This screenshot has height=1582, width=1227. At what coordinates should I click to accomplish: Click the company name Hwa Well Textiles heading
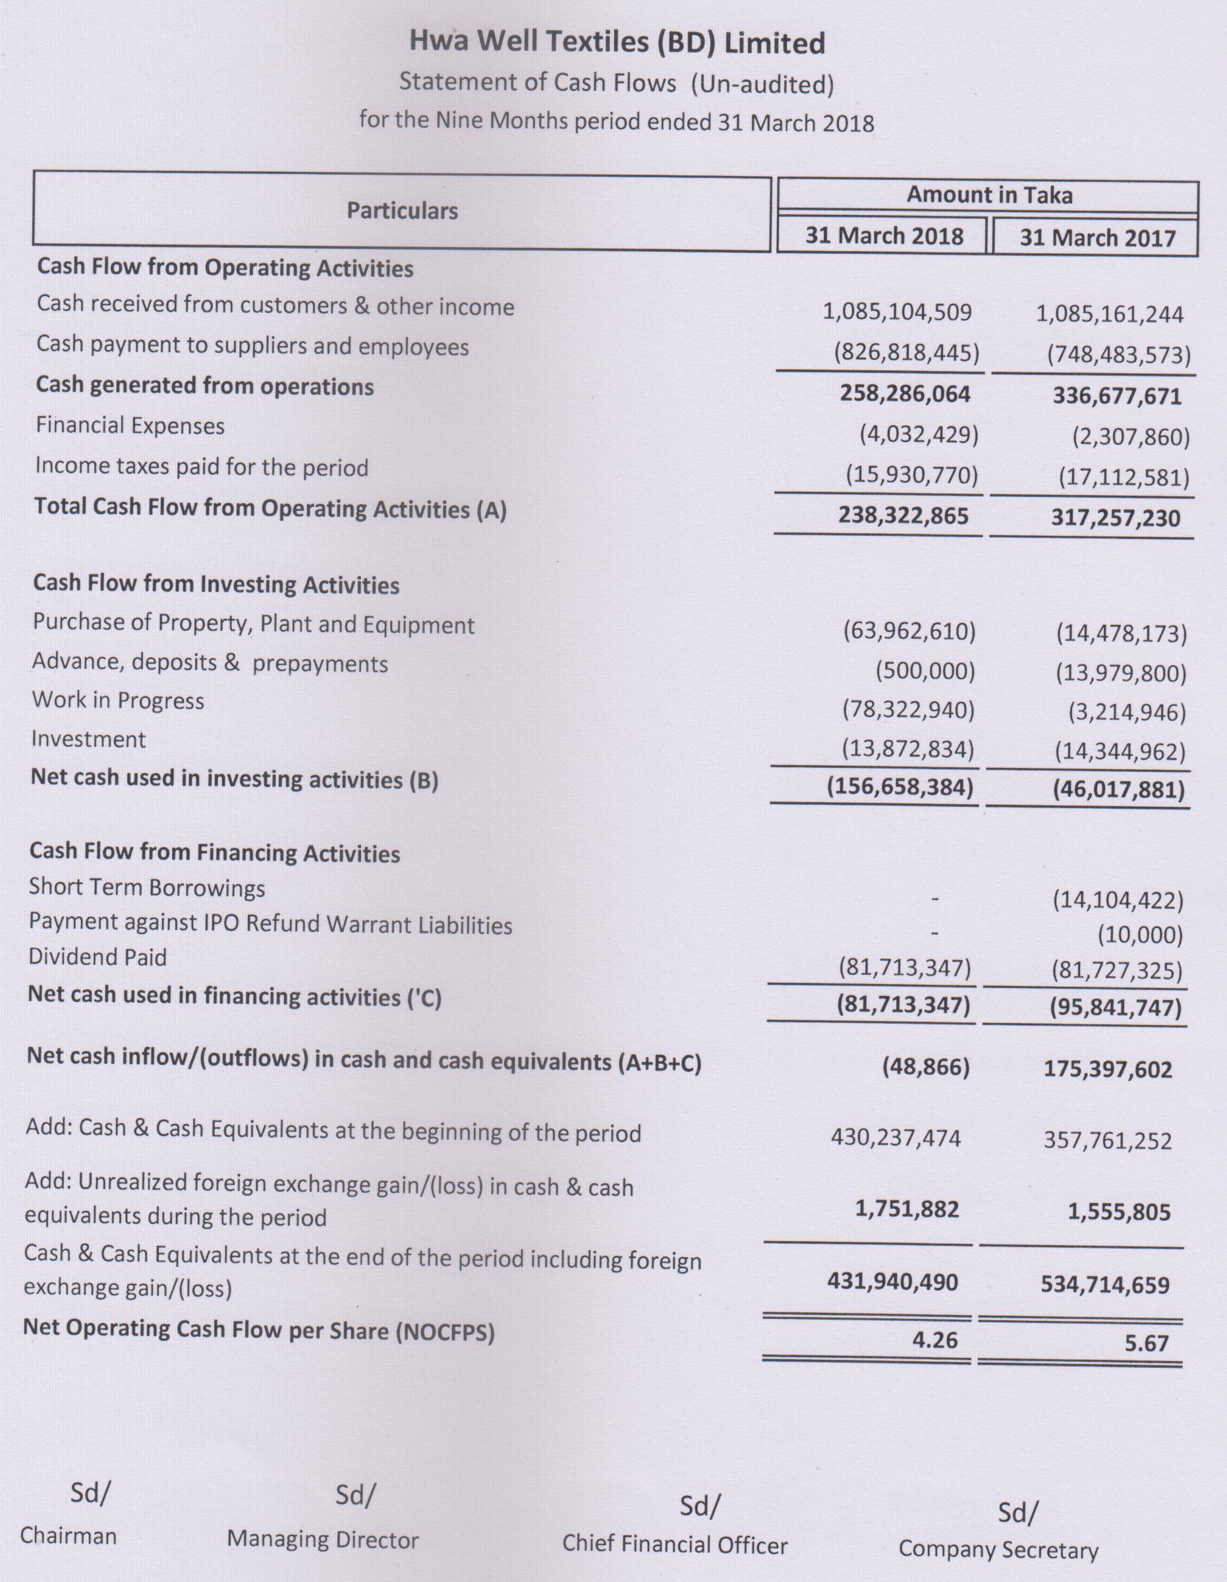(x=616, y=43)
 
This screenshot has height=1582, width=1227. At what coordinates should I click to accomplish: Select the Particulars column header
(x=402, y=211)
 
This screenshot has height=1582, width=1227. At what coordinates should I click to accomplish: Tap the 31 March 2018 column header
(x=884, y=236)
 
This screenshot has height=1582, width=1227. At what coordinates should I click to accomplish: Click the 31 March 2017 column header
(x=1097, y=239)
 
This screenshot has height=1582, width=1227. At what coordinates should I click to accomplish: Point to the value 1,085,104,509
(x=897, y=312)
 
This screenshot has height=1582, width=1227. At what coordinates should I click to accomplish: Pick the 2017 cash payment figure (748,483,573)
(x=1118, y=355)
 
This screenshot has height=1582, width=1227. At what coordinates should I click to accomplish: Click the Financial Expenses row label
(x=130, y=425)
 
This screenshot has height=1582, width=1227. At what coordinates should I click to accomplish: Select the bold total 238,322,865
(x=903, y=515)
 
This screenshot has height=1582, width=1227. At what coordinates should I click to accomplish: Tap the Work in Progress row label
(x=118, y=701)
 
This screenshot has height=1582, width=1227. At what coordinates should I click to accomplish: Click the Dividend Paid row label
(x=98, y=957)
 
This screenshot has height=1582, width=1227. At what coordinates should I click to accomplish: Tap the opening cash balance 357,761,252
(x=1107, y=1141)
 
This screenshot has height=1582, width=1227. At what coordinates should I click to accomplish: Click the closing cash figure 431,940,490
(x=892, y=1281)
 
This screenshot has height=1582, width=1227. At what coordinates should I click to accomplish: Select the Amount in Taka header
(x=988, y=195)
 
